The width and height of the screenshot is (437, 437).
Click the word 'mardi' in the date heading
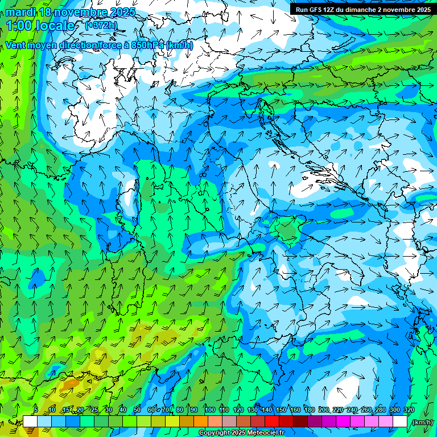coord(19,12)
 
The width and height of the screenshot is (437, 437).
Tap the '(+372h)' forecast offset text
coord(101,25)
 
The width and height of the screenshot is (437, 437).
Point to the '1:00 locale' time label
coord(40,26)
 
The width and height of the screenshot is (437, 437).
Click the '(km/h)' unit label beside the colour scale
coord(422,422)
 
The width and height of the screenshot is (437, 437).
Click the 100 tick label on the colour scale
coord(210,410)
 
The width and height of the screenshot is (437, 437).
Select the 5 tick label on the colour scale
coord(36,410)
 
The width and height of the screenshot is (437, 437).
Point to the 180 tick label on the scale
coord(309,410)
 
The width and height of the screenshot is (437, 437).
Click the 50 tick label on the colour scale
coord(137,410)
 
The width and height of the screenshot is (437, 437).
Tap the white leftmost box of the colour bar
coord(30,422)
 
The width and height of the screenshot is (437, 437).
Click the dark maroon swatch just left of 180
coord(300,422)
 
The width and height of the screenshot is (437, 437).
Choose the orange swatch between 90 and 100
coord(201,422)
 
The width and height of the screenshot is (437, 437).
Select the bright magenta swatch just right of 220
coord(343,422)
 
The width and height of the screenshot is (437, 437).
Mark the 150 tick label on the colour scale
coord(281,410)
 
